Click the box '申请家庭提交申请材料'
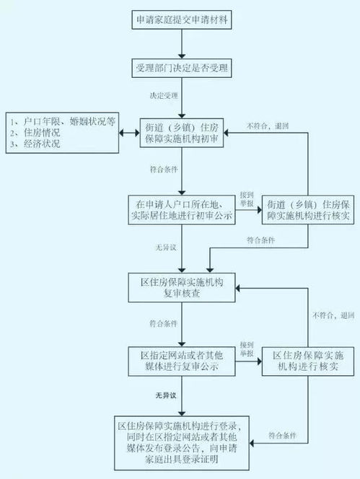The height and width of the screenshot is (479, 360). click(182, 20)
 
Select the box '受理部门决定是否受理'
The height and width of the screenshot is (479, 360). click(182, 68)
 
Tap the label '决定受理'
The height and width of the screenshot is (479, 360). click(164, 96)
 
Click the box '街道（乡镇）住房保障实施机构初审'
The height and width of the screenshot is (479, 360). click(182, 133)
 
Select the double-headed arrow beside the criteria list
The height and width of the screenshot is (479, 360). click(129, 133)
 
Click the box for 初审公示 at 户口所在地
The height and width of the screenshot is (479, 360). click(182, 210)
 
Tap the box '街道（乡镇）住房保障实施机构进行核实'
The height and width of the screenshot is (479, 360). click(308, 210)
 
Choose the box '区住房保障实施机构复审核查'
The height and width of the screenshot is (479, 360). click(182, 287)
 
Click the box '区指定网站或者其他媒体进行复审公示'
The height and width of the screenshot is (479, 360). click(182, 361)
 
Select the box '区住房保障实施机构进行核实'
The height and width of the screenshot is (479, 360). click(308, 361)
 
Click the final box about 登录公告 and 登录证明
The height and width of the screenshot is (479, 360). click(182, 443)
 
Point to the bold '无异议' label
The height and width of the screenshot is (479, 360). click(166, 395)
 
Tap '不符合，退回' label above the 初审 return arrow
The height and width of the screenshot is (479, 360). click(268, 126)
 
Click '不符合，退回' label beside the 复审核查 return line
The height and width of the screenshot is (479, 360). click(333, 315)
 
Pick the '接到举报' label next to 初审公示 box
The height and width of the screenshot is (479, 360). click(247, 199)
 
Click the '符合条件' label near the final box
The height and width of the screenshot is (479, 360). click(282, 435)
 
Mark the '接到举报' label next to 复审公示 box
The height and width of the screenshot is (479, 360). click(247, 349)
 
